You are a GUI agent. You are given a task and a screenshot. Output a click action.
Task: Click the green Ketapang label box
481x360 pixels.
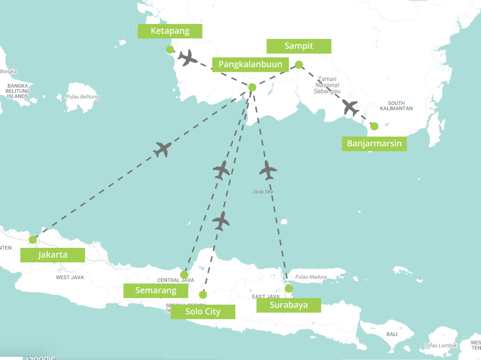tap(170, 31)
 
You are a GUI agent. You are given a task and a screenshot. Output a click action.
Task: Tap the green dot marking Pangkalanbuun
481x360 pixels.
tap(252, 87)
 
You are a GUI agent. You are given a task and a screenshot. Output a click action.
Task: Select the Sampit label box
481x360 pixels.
tap(299, 46)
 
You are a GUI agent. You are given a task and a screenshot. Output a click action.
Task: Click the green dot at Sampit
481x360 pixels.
tap(299, 65)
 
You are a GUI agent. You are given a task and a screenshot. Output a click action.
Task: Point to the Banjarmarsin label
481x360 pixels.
tap(374, 143)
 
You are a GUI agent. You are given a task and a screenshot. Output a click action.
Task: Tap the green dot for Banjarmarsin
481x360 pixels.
tap(374, 126)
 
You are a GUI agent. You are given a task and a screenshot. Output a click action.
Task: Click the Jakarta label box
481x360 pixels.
tap(53, 255)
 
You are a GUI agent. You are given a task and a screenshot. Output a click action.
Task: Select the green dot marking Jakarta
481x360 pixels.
tap(32, 240)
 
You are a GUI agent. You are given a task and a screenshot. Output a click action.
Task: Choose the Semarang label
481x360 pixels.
tap(155, 291)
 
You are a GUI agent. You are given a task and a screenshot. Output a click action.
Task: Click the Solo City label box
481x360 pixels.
tap(202, 312)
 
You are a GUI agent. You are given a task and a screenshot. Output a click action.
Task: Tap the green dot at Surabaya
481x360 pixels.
tap(288, 289)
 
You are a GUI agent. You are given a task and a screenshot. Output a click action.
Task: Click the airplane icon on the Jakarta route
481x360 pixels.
tap(163, 149)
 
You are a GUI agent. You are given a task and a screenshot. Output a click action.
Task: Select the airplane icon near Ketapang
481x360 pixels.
tap(188, 58)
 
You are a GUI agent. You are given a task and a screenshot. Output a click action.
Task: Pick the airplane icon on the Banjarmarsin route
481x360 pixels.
tap(350, 107)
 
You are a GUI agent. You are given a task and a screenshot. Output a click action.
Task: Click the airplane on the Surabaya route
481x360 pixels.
tap(268, 170)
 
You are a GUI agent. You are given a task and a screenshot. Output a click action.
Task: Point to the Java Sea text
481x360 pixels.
tap(263, 191)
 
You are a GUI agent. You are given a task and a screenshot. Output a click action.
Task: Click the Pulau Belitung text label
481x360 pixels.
tap(83, 97)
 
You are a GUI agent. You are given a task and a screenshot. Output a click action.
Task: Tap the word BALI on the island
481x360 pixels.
tap(392, 334)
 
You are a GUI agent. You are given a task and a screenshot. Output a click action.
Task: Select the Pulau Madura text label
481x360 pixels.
tap(311, 277)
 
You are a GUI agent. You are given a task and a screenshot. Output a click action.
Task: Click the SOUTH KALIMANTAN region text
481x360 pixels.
tap(400, 106)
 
